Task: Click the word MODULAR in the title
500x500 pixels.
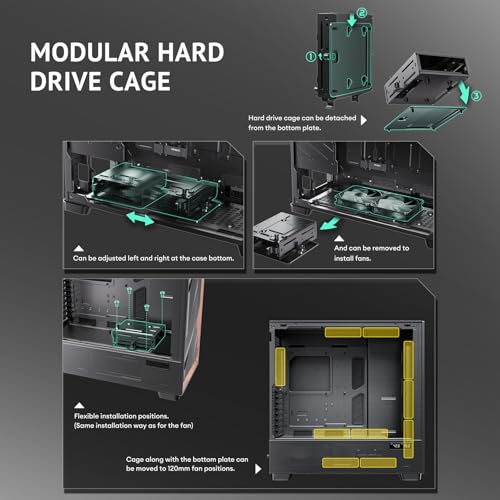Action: coord(90,52)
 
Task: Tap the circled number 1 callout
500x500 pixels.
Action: coord(311,57)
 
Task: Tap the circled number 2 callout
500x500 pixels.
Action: coord(362,13)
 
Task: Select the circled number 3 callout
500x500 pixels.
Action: coord(477,96)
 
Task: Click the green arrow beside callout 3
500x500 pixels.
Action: coord(464,92)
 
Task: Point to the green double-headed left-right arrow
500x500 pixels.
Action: coord(140,218)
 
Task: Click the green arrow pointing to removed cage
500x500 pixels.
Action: coord(330,224)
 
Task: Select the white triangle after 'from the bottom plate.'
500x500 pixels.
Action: coord(364,120)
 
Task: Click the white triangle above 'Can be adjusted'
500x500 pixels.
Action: coord(79,248)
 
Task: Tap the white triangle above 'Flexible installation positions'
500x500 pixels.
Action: coord(79,405)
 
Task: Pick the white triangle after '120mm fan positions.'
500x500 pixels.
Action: coord(258,469)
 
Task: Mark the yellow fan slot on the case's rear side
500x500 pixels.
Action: coord(280,367)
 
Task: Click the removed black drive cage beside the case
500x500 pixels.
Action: coord(285,236)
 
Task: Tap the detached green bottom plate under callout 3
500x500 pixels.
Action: coord(425,118)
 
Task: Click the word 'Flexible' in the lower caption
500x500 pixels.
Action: coord(86,416)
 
